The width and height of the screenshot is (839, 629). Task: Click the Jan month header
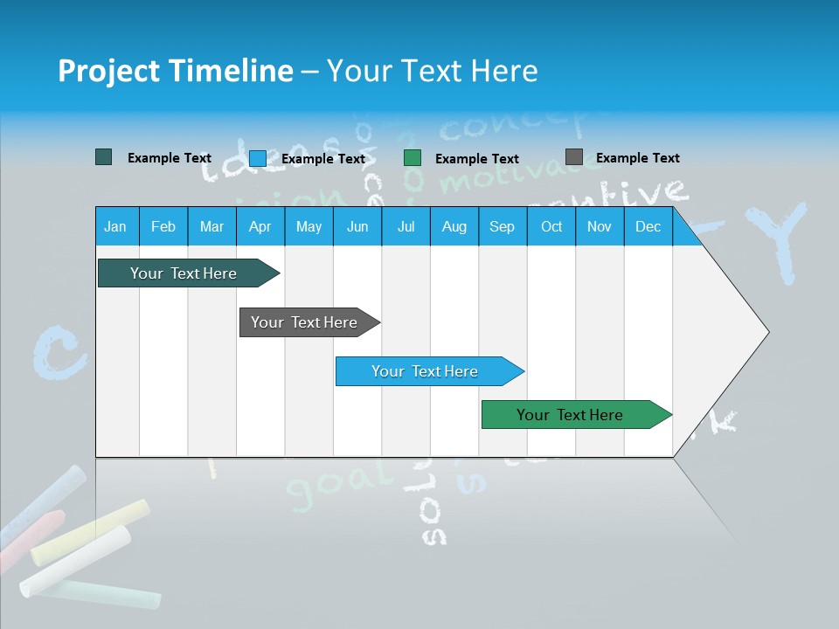115,227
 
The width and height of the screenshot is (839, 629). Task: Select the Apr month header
260,227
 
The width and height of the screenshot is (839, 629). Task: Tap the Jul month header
406,227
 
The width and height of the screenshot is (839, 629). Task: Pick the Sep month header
502,227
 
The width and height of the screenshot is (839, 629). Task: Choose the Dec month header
648,227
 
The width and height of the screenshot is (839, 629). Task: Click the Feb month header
163,227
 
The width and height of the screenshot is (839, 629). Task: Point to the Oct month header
551,227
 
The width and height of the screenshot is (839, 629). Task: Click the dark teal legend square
104,157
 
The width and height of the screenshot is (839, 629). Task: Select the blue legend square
258,158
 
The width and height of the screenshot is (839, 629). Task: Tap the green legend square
413,158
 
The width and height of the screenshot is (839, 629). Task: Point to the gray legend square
574,157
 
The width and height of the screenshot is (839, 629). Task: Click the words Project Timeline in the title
175,71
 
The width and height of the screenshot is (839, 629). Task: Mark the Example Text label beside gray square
637,158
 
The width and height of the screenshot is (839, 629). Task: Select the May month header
309,227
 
